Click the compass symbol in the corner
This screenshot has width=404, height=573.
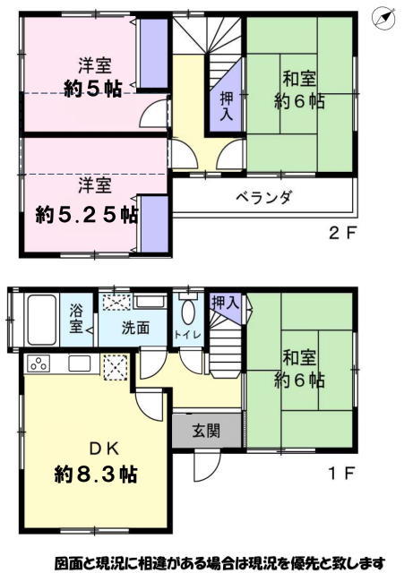[x=383, y=18]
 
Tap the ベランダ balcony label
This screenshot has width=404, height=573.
[x=263, y=198]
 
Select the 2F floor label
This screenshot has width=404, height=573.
[x=342, y=233]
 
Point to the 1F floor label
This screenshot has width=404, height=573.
[x=342, y=474]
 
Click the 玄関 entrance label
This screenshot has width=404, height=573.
[x=207, y=431]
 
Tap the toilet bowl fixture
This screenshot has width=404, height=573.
[x=188, y=310]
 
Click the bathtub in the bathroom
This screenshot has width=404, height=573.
[x=42, y=320]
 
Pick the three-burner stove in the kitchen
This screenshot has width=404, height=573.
[x=38, y=363]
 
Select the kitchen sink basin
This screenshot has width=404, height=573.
[x=80, y=363]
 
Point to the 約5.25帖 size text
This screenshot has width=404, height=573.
[x=87, y=215]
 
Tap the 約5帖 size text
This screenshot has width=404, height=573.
[x=93, y=89]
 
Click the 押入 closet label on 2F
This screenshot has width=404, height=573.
[x=227, y=106]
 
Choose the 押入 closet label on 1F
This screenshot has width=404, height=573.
[x=226, y=303]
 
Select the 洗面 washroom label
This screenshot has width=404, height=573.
[x=135, y=328]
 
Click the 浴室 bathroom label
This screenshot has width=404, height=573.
[x=76, y=318]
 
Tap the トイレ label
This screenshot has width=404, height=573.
[x=187, y=334]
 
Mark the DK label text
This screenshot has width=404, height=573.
[x=105, y=449]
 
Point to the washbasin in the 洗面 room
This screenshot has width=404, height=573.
[x=150, y=303]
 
